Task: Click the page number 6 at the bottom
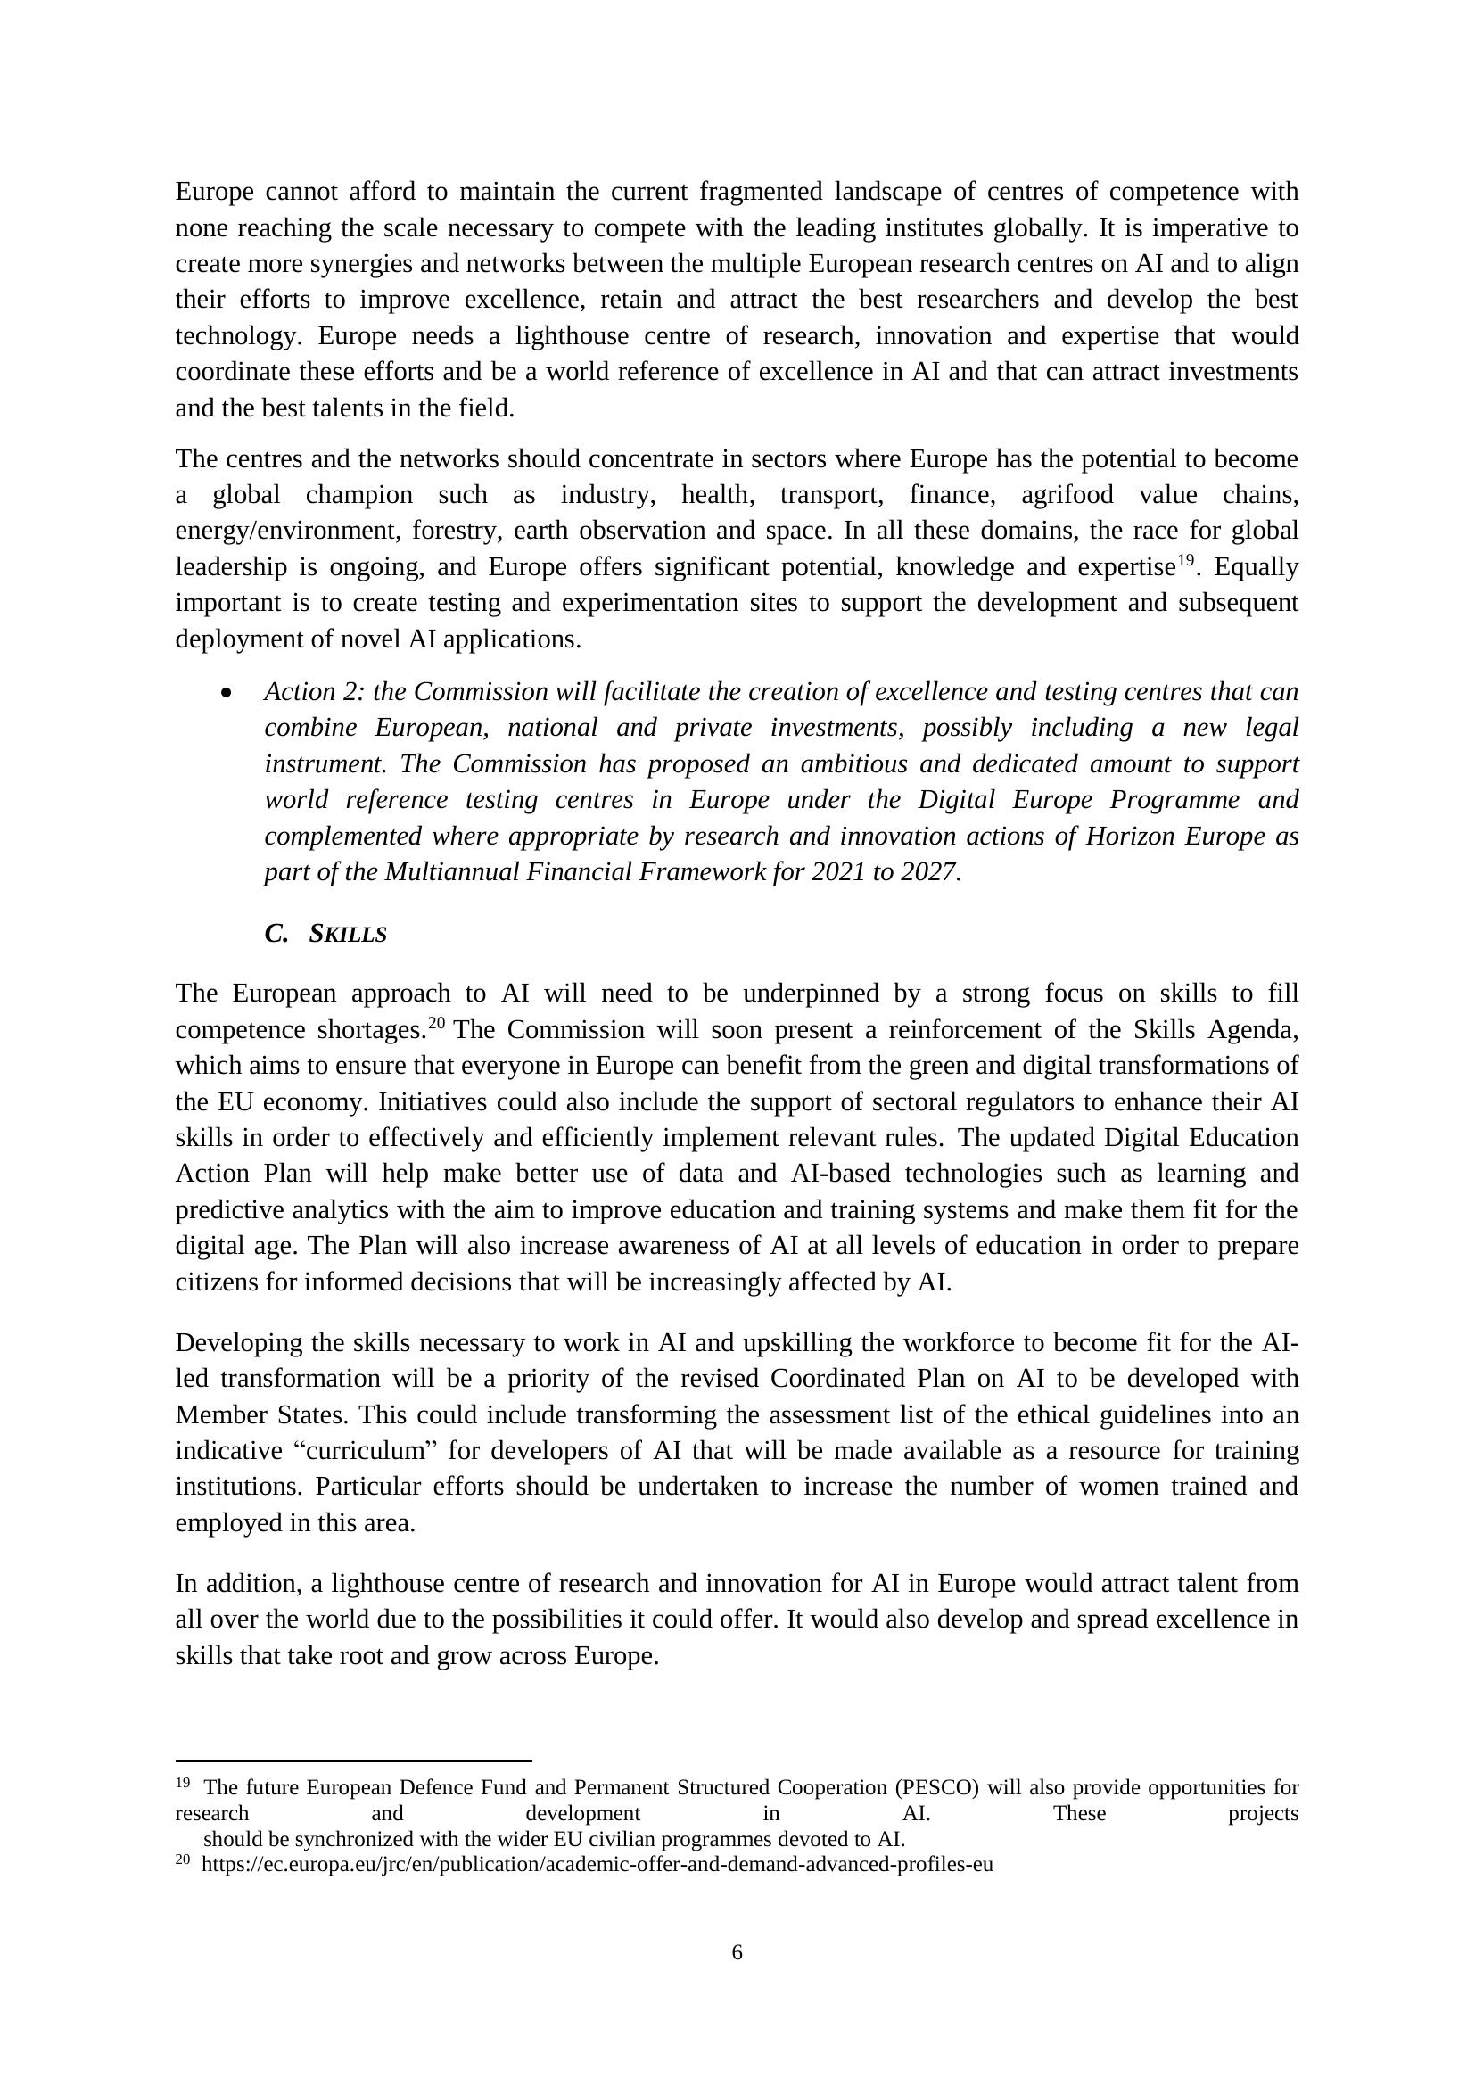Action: (x=737, y=1951)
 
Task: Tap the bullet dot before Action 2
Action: (x=227, y=693)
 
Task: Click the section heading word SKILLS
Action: (x=348, y=934)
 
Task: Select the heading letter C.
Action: (x=276, y=933)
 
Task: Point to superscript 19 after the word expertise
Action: (x=1185, y=561)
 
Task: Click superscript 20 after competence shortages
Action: (x=436, y=1023)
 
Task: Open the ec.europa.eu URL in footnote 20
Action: (x=597, y=1864)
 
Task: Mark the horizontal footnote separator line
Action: (x=353, y=1760)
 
